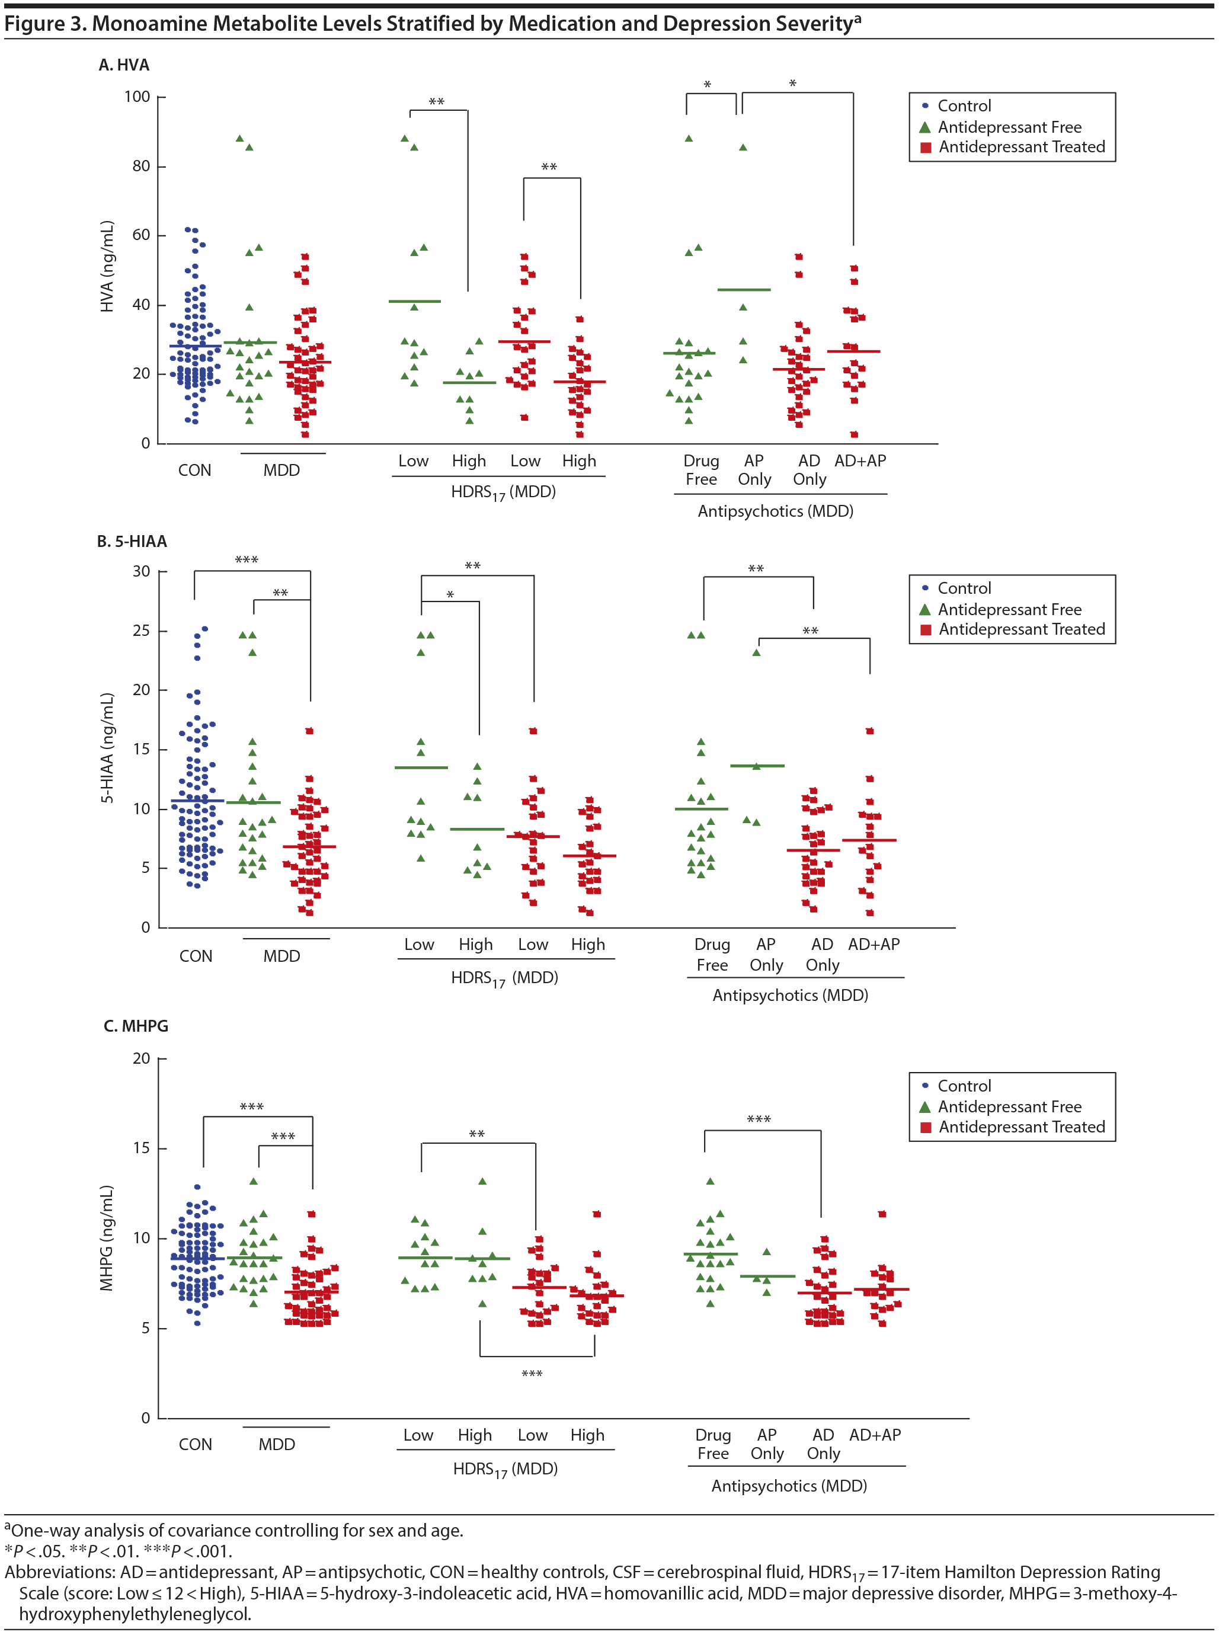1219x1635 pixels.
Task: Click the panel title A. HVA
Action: coord(124,65)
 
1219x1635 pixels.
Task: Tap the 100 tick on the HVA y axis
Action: coord(137,97)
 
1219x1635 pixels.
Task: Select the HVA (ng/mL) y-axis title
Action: coord(108,266)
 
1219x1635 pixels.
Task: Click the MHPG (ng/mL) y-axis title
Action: coord(108,1238)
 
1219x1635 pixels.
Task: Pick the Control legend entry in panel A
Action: coord(964,106)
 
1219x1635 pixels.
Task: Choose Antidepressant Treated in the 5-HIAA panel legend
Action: coord(1021,629)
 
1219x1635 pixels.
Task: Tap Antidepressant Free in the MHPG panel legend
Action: coord(1009,1107)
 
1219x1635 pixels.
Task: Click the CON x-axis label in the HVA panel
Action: coord(195,471)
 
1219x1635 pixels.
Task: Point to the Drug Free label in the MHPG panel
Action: coord(713,1444)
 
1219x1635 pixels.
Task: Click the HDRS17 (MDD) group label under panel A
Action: coord(503,492)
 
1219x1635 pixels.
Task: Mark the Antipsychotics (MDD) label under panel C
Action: coord(789,1486)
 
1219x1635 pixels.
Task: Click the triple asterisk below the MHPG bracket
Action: coord(532,1374)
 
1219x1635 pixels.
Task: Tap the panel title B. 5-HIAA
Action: coord(132,542)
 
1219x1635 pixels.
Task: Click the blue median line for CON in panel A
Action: coord(195,346)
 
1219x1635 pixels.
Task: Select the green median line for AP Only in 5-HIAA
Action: coord(757,766)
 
